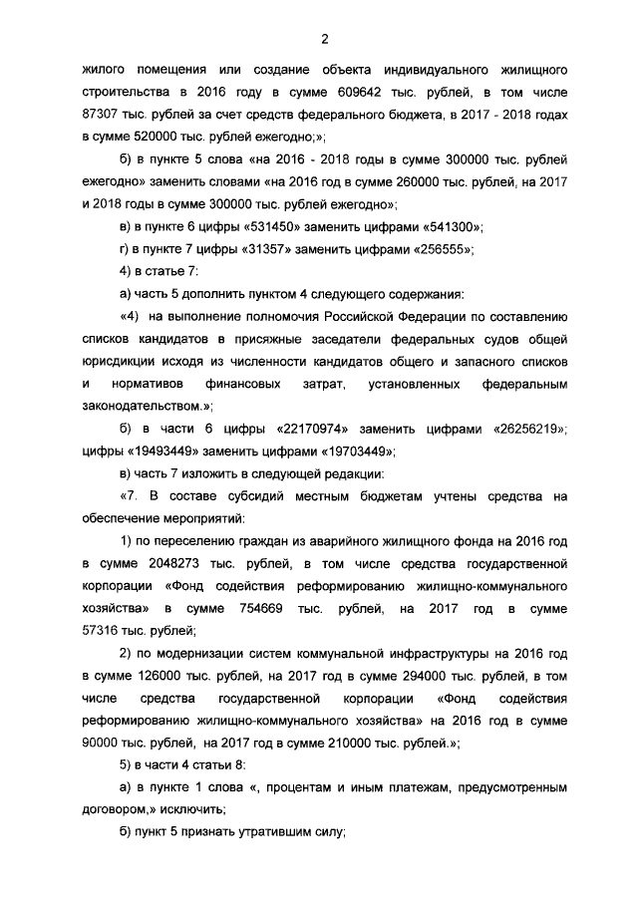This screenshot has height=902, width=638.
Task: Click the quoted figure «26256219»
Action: (531, 429)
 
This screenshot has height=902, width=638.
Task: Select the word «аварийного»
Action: (337, 542)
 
